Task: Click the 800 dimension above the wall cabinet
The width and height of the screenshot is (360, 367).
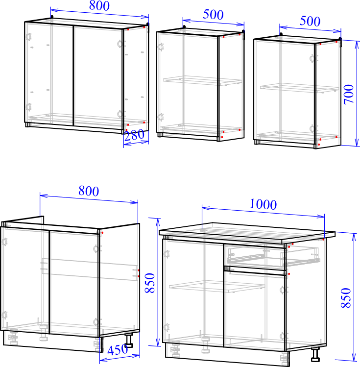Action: point(99,6)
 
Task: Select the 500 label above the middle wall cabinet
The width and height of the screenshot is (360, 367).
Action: point(213,14)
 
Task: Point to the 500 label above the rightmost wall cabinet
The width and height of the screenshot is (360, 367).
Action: point(310,21)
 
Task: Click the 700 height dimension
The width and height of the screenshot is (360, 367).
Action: point(349,94)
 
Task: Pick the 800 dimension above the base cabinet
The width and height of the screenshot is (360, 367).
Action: point(89,191)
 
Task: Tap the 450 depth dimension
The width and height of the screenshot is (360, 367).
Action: point(118,350)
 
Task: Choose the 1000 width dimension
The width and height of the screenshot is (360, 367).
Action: point(263,204)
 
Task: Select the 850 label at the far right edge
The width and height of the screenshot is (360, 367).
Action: point(346,298)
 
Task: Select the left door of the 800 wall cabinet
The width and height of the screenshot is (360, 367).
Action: point(48,73)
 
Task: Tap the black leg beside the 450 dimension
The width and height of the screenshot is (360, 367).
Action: point(130,340)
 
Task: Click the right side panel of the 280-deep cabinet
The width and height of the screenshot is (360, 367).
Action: point(136,78)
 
